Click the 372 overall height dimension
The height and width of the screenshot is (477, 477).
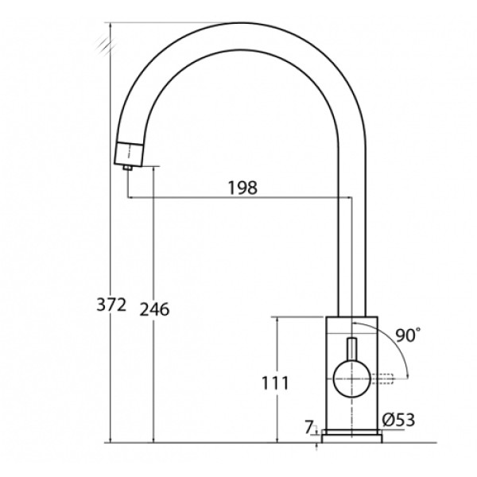[111, 304]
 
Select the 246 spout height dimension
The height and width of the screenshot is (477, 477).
[154, 309]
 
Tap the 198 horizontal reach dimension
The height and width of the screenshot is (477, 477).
[242, 188]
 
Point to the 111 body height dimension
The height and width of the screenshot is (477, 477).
[275, 383]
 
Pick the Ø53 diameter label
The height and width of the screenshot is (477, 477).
[398, 420]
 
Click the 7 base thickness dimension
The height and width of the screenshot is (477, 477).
[308, 428]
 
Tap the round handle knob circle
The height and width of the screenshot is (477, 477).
[352, 378]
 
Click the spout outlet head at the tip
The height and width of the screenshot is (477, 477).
[129, 154]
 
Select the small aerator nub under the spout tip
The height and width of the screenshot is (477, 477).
[128, 167]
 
